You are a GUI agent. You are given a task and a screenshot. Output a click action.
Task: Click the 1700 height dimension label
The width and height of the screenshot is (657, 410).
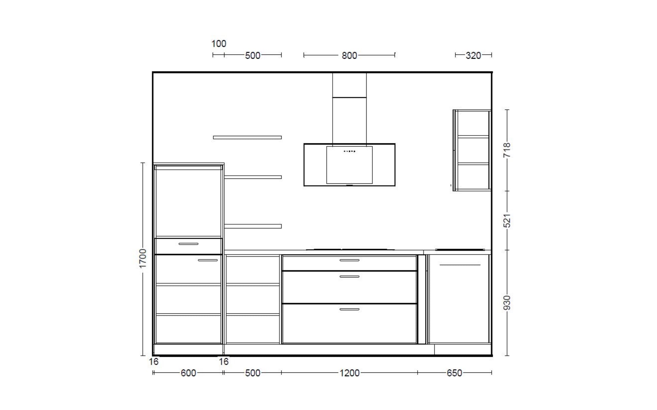tap(143, 258)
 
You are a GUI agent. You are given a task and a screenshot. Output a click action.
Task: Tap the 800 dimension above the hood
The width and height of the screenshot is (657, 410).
tap(349, 55)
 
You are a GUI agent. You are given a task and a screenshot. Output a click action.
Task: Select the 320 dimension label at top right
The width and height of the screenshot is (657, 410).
tap(473, 55)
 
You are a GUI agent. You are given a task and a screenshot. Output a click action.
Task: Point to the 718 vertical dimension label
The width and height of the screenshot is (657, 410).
tap(507, 150)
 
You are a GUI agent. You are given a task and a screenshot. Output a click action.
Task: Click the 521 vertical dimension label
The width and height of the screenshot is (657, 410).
tap(507, 221)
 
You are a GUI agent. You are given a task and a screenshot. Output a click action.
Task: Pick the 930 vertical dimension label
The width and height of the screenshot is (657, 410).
tap(507, 303)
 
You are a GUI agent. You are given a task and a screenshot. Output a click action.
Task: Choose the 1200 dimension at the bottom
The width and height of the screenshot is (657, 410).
tap(349, 373)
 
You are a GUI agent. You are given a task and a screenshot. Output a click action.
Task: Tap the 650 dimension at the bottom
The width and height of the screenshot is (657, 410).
tap(454, 373)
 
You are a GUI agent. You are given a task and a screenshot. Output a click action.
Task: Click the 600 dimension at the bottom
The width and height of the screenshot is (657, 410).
tap(188, 373)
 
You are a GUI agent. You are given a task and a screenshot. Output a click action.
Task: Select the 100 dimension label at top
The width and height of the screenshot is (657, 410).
tap(219, 43)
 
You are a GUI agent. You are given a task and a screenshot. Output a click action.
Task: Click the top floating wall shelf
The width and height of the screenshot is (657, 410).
tap(247, 138)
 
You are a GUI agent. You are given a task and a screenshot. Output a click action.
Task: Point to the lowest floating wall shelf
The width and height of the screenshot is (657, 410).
tap(253, 226)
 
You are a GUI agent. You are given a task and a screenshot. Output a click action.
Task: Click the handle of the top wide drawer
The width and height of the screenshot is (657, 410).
tap(349, 260)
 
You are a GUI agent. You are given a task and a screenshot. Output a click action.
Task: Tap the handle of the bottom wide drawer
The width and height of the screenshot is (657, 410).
tap(349, 309)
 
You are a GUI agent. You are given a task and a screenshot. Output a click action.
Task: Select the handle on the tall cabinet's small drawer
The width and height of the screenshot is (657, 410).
tap(188, 244)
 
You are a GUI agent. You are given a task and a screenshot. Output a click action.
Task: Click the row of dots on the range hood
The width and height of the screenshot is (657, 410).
tap(349, 151)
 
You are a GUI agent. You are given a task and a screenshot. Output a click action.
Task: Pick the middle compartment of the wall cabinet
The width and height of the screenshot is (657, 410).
tap(473, 150)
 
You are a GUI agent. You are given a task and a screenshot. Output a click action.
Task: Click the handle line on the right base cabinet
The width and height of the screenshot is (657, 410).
tap(460, 265)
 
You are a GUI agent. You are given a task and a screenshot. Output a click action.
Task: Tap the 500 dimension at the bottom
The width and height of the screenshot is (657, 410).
tap(253, 373)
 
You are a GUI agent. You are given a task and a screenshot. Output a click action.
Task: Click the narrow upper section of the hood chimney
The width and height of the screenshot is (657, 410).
tap(349, 85)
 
